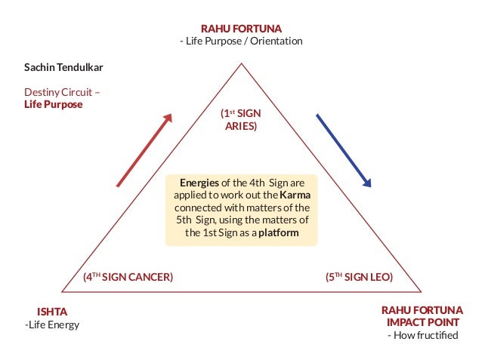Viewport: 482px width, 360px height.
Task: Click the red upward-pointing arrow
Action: pyautogui.click(x=144, y=149)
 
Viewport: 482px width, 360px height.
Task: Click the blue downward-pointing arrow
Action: pyautogui.click(x=344, y=149)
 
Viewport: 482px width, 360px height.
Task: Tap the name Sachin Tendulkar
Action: pyautogui.click(x=63, y=67)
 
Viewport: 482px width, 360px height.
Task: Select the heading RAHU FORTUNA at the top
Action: pyautogui.click(x=241, y=28)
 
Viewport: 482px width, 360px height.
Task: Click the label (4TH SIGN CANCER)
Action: pyautogui.click(x=128, y=277)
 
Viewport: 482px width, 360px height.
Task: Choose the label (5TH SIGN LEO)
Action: pyautogui.click(x=359, y=277)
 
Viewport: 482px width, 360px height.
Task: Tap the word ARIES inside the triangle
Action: pyautogui.click(x=241, y=126)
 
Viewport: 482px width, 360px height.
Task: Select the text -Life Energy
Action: pyautogui.click(x=52, y=325)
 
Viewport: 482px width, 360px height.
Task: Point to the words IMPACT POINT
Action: pyautogui.click(x=422, y=322)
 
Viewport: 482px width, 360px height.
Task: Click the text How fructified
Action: pyautogui.click(x=426, y=335)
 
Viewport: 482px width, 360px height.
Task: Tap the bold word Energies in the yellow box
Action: pyautogui.click(x=199, y=183)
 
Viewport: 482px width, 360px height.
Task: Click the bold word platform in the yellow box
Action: pyautogui.click(x=279, y=233)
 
